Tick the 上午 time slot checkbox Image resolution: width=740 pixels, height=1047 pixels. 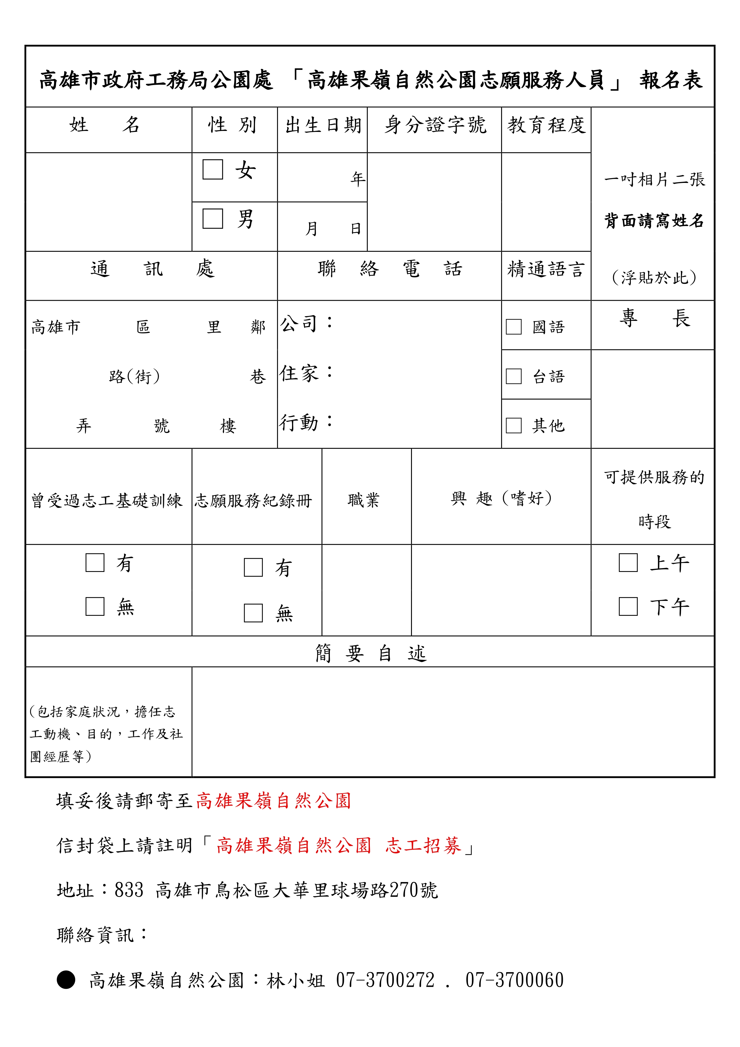point(628,563)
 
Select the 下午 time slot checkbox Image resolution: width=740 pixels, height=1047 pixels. point(628,607)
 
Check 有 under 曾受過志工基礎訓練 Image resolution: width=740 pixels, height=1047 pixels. point(95,563)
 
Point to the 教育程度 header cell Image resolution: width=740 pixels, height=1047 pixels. point(546,125)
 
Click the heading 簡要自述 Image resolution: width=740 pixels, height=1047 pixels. point(370,653)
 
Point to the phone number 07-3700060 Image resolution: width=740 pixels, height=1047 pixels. point(514,980)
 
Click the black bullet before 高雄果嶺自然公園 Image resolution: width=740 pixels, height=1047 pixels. point(66,980)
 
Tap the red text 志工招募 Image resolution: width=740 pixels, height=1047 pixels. point(423,845)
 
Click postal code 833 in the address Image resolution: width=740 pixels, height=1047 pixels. point(129,890)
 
